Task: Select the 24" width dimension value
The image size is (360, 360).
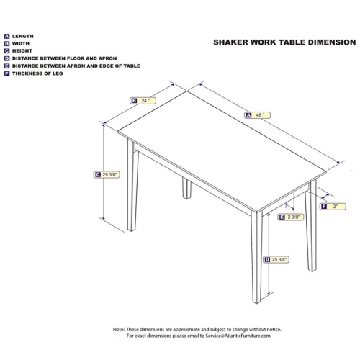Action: pyautogui.click(x=146, y=101)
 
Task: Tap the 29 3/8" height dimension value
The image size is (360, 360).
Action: pyautogui.click(x=111, y=174)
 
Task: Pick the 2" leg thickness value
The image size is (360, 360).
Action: pyautogui.click(x=336, y=207)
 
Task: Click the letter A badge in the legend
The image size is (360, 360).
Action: pyautogui.click(x=6, y=36)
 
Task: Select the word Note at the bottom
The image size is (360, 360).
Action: pyautogui.click(x=120, y=329)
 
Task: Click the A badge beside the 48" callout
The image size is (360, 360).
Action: pyautogui.click(x=248, y=115)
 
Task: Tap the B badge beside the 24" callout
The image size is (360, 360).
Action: pyautogui.click(x=134, y=101)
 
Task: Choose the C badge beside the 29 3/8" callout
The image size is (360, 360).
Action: pyautogui.click(x=97, y=174)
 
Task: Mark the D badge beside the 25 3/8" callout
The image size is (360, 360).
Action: pyautogui.click(x=266, y=259)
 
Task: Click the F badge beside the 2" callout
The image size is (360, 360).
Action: pyautogui.click(x=323, y=207)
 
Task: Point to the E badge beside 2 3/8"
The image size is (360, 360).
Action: pyautogui.click(x=282, y=217)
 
